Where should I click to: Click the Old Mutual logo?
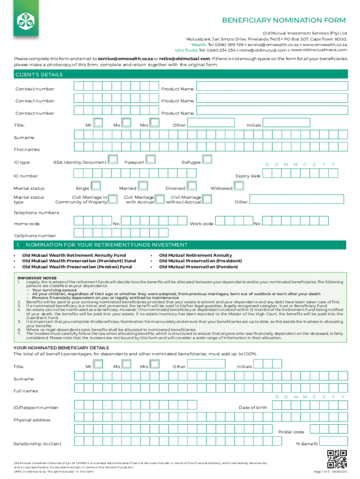pos(23,20)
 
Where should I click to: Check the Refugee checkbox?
pos(207,160)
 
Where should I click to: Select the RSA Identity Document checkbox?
pos(113,160)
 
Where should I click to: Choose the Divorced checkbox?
pos(191,186)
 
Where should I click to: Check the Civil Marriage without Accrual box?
pos(207,199)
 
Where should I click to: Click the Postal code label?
pos(291,432)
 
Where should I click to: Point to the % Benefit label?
pos(307,444)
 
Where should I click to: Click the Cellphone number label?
pos(35,236)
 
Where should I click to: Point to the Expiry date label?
pos(248,176)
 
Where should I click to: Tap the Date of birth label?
pos(252,408)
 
